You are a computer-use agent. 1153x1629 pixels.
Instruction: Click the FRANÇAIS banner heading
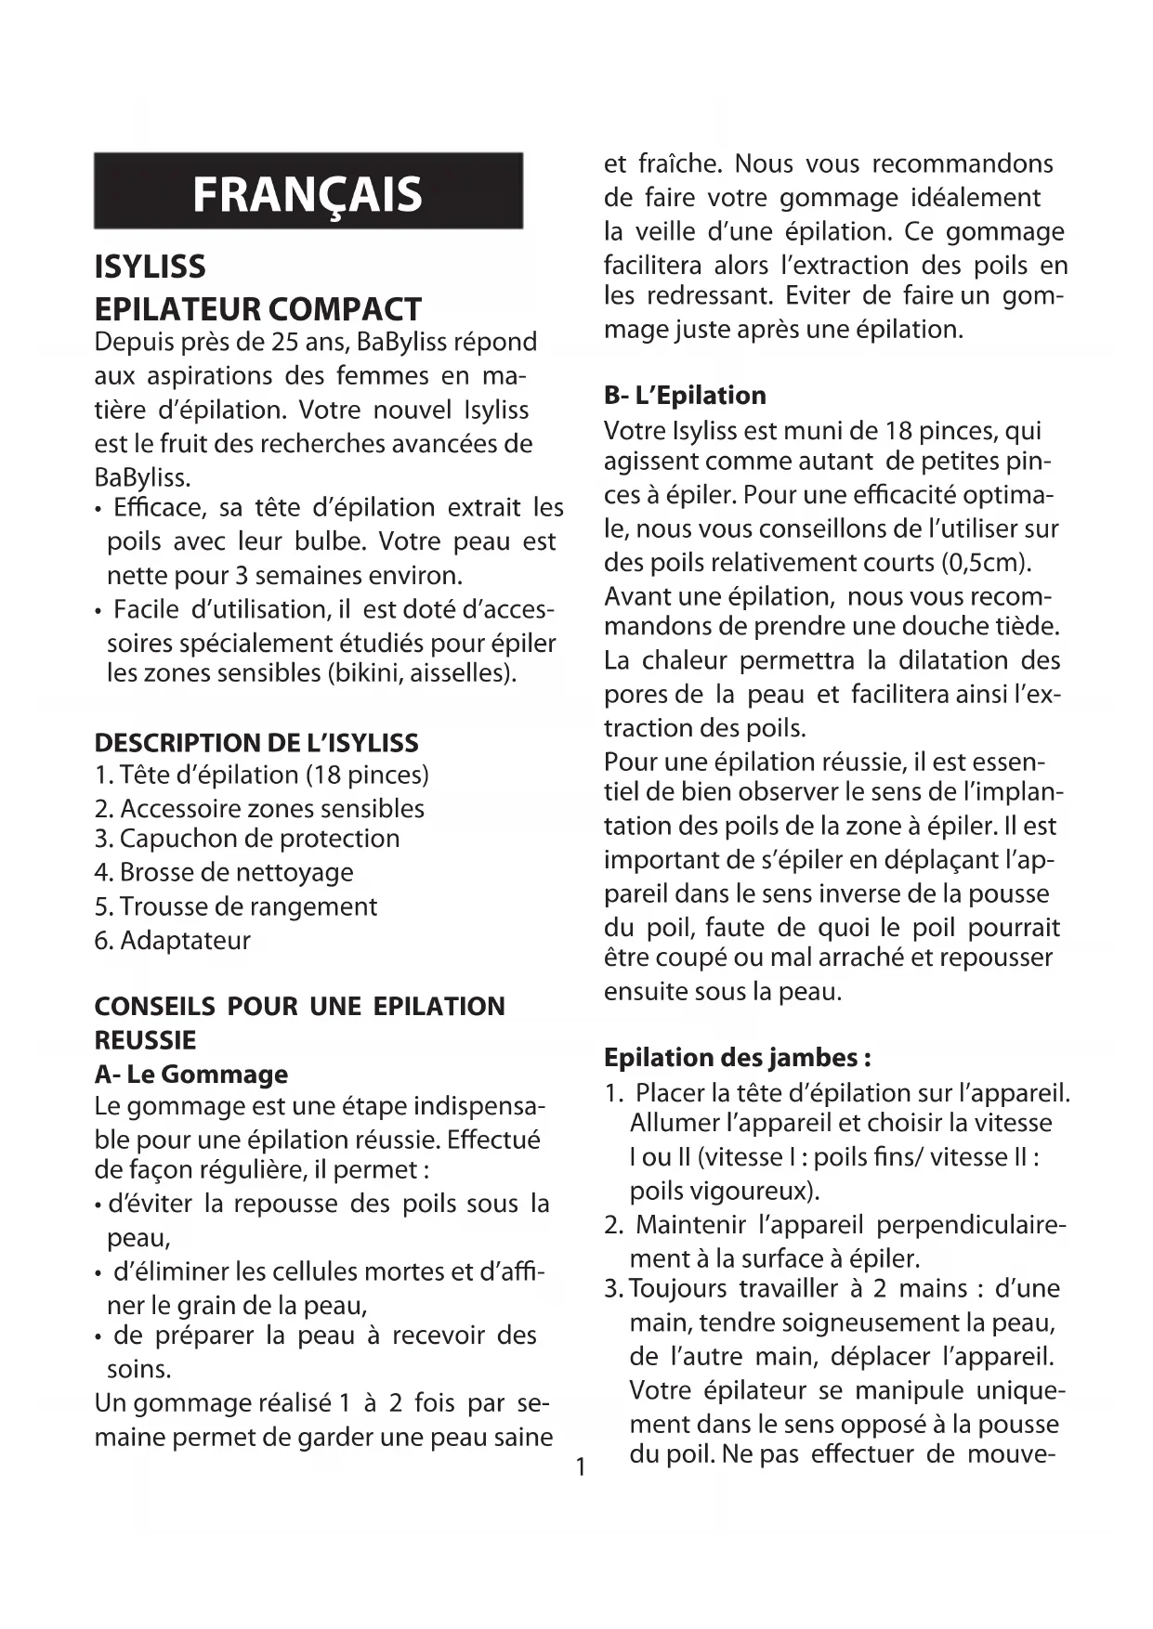(308, 193)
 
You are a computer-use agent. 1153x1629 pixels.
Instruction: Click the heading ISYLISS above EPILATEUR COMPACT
(150, 267)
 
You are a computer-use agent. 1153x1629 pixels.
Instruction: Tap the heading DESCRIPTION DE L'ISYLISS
(256, 742)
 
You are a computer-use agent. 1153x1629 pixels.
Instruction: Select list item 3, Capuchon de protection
(247, 838)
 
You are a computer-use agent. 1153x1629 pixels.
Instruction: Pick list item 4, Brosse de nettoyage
(224, 872)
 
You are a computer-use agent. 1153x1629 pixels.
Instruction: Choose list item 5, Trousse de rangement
(236, 906)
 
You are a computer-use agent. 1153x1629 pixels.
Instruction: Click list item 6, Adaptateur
(173, 940)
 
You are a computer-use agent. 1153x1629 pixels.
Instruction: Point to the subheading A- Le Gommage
(191, 1074)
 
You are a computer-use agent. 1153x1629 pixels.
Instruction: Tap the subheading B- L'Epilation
(685, 395)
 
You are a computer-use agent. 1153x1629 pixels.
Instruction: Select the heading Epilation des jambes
(738, 1057)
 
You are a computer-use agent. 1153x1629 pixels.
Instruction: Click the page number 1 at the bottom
(581, 1467)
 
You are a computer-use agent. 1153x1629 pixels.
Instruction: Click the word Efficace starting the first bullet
(157, 507)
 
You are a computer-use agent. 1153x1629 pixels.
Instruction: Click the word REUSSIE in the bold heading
(145, 1039)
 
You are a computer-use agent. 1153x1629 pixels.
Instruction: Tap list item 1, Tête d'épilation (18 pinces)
(262, 775)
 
